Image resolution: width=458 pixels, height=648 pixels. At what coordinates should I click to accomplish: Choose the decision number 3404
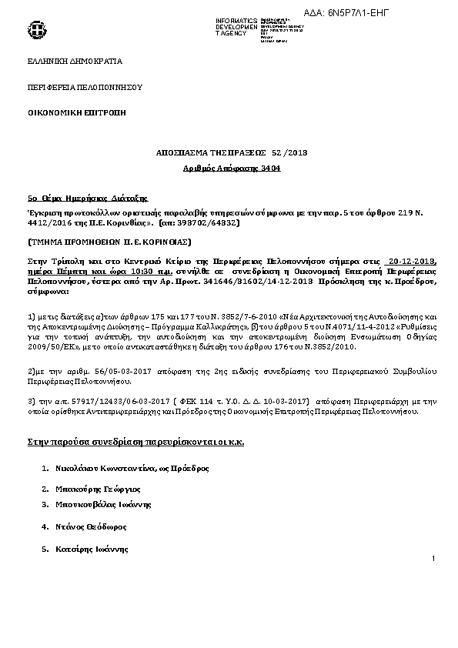click(259, 166)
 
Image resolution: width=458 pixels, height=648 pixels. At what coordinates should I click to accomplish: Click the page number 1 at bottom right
click(434, 558)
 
